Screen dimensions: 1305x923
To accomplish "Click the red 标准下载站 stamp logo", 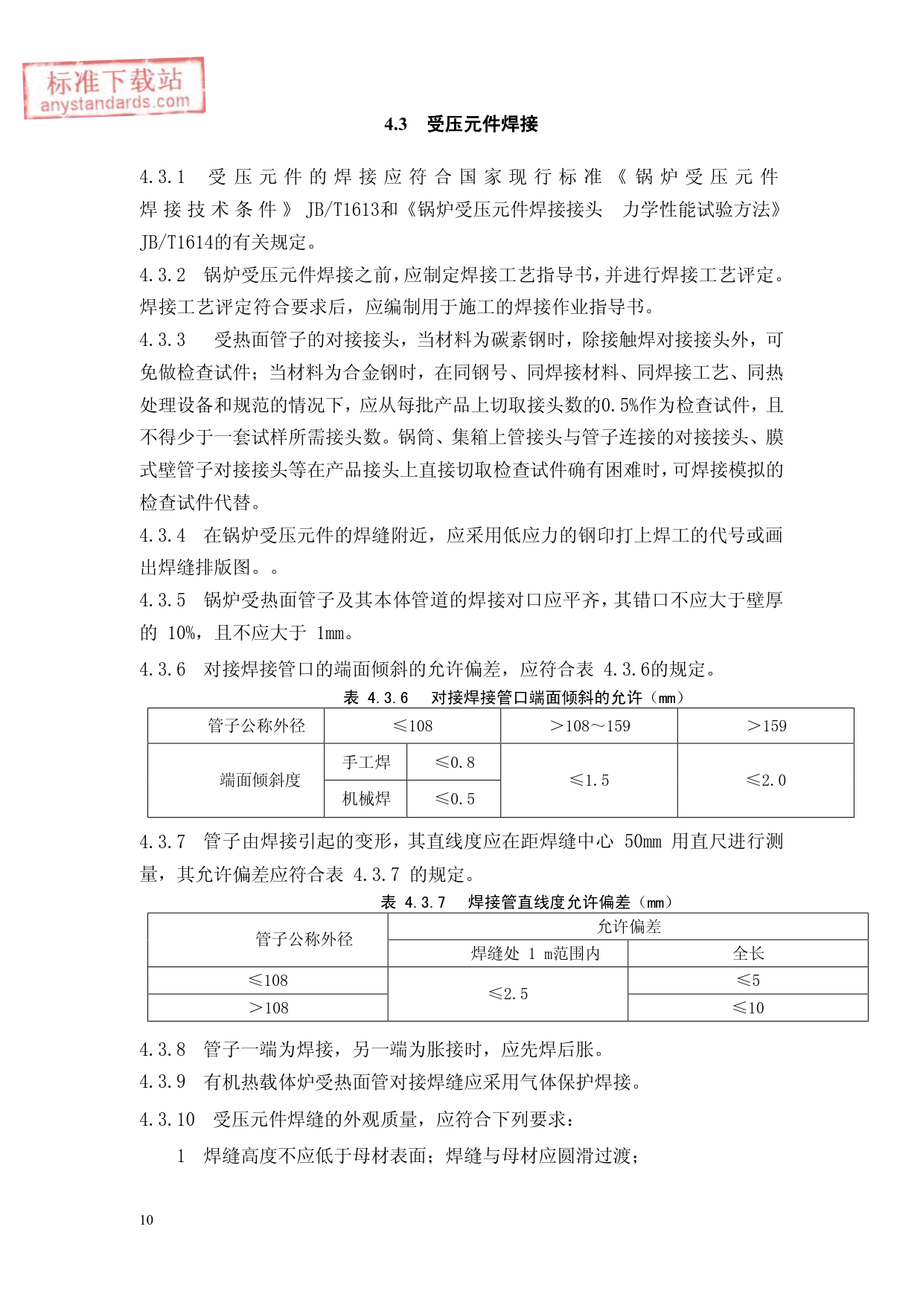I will pyautogui.click(x=114, y=88).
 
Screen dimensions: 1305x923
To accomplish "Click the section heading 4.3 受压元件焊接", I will pyautogui.click(x=461, y=124).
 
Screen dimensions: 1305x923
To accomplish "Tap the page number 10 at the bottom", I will pyautogui.click(x=147, y=1219).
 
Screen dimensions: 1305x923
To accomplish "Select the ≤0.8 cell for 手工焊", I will pyautogui.click(x=454, y=762).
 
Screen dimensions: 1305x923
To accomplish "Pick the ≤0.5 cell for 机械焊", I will pyautogui.click(x=454, y=799).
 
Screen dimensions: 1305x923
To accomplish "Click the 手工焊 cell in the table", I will pyautogui.click(x=366, y=762).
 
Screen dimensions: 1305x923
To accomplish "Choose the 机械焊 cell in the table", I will pyautogui.click(x=366, y=799).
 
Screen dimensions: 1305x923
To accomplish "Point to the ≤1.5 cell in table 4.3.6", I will pyautogui.click(x=589, y=780).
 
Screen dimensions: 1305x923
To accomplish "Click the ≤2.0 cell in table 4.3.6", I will pyautogui.click(x=766, y=780).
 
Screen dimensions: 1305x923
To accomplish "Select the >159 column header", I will pyautogui.click(x=766, y=726).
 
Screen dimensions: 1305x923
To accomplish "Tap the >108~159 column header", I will pyautogui.click(x=589, y=726).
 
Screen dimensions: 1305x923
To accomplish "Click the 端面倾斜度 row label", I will pyautogui.click(x=260, y=780).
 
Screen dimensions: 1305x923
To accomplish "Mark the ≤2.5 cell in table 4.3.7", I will pyautogui.click(x=508, y=994).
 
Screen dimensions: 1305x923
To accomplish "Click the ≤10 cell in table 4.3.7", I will pyautogui.click(x=748, y=1008).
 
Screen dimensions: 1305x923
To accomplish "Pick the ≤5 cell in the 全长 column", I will pyautogui.click(x=748, y=981).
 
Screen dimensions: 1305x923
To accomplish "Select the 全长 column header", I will pyautogui.click(x=748, y=954).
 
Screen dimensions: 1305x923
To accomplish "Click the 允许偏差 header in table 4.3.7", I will pyautogui.click(x=628, y=926).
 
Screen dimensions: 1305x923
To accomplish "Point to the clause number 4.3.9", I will pyautogui.click(x=162, y=1082).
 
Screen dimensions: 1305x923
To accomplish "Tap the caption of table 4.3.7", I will pyautogui.click(x=526, y=902).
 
